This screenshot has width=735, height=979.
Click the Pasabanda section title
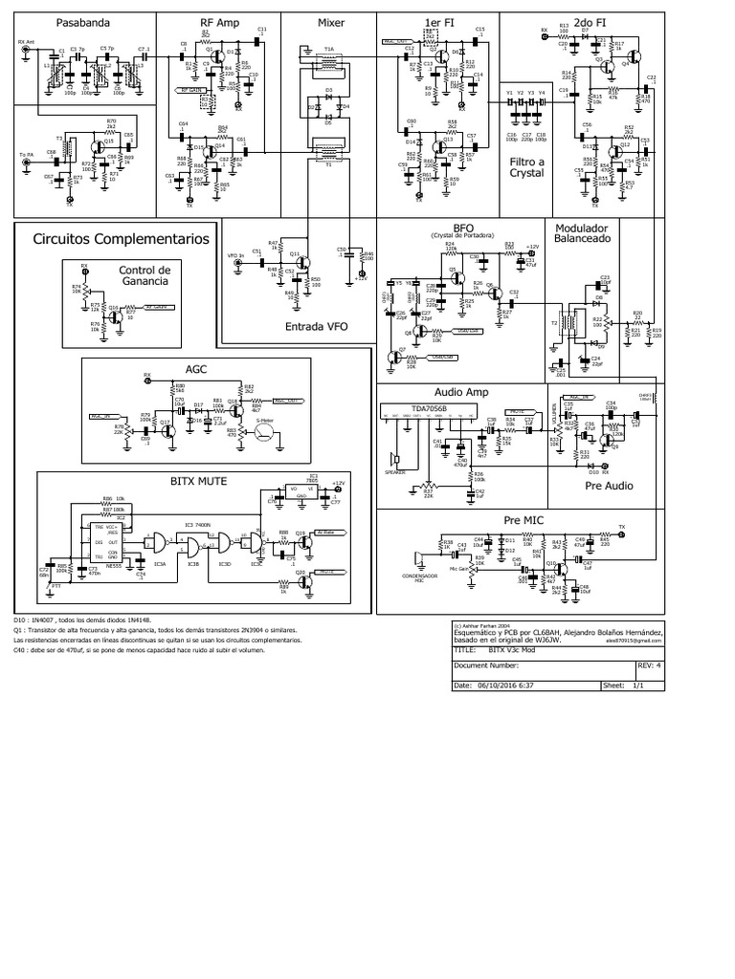[55, 21]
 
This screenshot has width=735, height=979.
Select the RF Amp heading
[219, 21]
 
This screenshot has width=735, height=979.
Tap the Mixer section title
[331, 21]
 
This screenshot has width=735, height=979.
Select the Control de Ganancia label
[144, 275]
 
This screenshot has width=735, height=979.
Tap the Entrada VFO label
[317, 327]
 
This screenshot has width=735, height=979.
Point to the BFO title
[464, 228]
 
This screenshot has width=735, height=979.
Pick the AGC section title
[195, 369]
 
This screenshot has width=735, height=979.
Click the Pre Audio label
[609, 485]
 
